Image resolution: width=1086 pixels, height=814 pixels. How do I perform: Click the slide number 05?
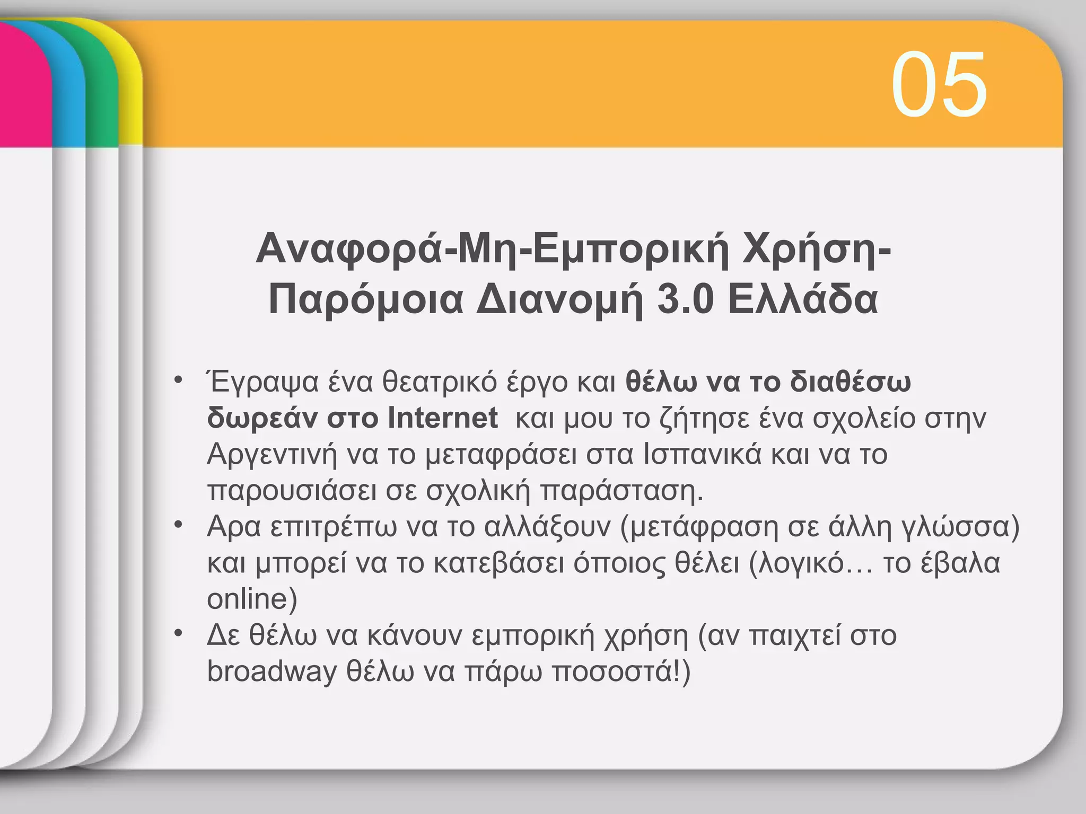(939, 85)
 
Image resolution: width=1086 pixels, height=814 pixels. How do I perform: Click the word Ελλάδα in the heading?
(803, 299)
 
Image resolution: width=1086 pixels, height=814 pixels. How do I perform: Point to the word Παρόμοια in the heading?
(366, 299)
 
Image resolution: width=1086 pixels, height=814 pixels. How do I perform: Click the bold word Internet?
(442, 418)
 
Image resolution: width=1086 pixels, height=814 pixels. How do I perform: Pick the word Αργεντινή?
(272, 455)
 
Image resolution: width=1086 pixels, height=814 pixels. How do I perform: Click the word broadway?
(271, 671)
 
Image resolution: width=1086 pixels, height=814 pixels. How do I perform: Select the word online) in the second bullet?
(252, 599)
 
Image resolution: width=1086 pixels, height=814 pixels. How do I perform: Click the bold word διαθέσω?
(850, 382)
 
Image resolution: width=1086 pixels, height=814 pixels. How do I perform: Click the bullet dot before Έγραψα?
(179, 380)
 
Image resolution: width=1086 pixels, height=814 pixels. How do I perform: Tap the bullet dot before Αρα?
(179, 525)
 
